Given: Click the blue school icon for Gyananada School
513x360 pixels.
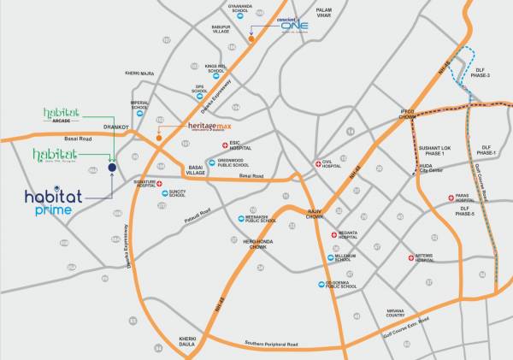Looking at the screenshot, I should point(241,15).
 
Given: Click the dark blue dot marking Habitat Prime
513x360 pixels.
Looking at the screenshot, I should point(112,168).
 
